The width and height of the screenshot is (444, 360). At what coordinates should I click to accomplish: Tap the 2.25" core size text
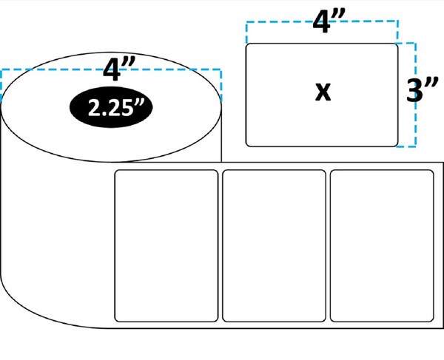point(114,107)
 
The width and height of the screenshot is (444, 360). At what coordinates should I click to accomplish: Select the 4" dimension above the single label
point(329,21)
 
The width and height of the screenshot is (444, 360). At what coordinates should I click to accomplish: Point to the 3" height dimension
point(422,89)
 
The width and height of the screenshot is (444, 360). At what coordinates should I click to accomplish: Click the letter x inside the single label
point(323,92)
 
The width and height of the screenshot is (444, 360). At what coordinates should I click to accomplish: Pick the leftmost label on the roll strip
point(166,245)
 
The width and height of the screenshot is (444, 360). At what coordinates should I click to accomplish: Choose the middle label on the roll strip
point(274,245)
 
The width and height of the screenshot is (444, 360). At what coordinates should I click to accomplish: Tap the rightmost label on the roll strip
point(382,245)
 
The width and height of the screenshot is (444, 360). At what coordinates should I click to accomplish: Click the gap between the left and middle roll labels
point(221,245)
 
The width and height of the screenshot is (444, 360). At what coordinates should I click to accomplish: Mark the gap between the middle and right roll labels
point(328,245)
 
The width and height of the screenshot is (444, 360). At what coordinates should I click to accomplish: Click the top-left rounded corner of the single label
point(247,45)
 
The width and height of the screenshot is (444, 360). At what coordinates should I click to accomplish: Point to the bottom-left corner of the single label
point(247,145)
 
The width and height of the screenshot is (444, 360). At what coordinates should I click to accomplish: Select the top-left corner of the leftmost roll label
point(116,171)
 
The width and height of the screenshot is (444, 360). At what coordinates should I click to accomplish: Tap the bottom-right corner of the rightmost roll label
point(432,320)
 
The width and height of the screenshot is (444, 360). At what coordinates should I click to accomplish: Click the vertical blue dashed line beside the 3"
point(415,95)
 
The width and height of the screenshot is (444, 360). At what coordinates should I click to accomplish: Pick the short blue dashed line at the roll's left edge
point(1,85)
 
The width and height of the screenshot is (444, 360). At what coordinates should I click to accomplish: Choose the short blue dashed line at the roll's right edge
point(221,85)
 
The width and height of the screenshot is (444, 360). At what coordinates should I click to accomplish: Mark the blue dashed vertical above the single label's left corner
point(247,32)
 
